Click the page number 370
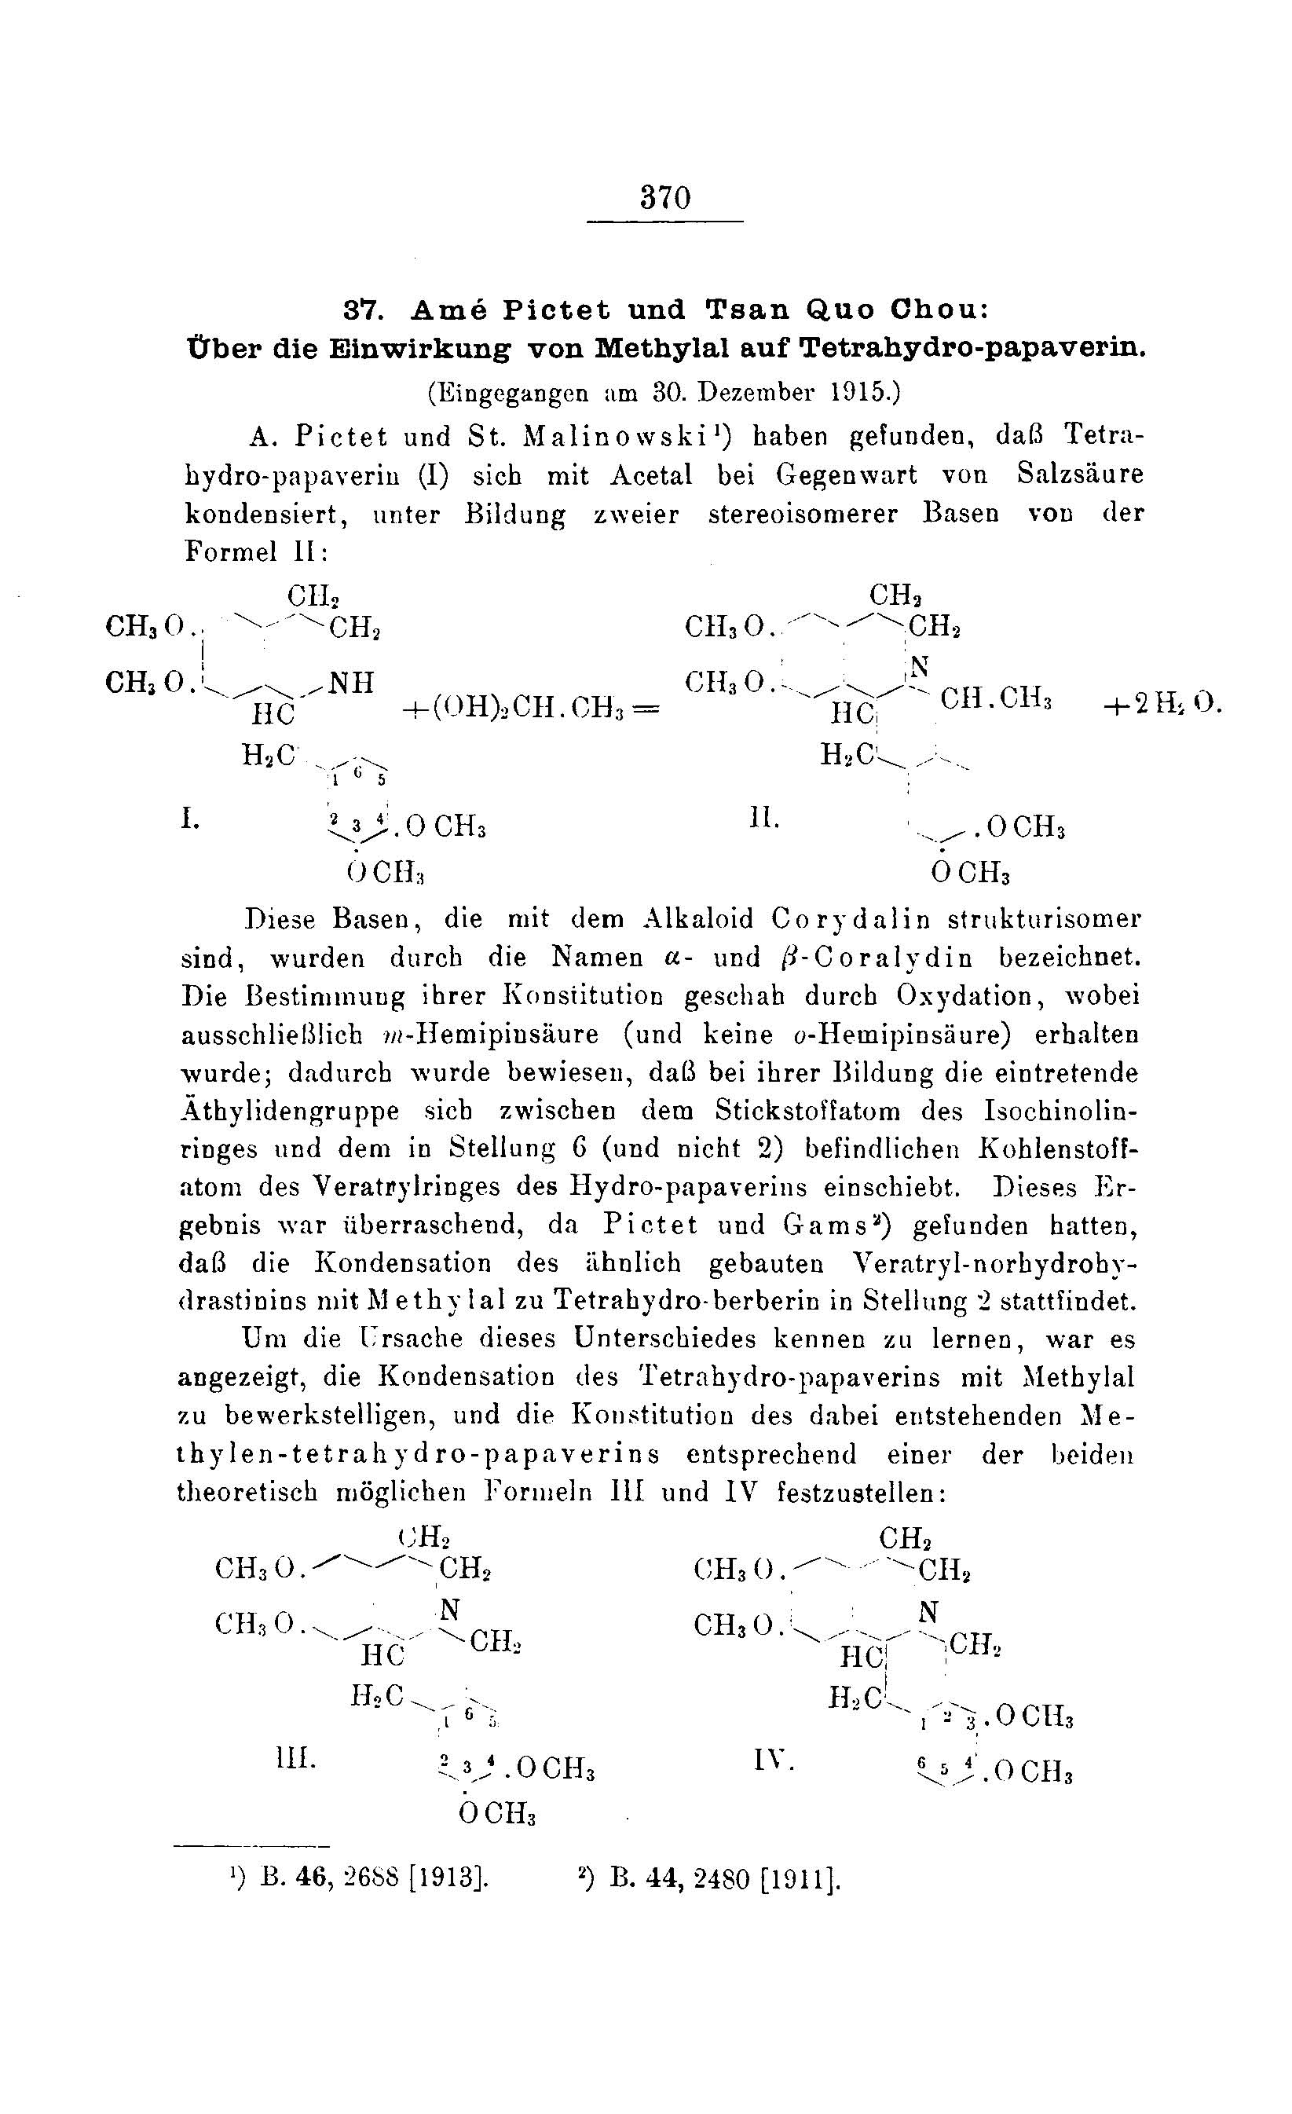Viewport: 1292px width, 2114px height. click(x=665, y=198)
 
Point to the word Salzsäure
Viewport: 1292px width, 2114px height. click(x=1080, y=474)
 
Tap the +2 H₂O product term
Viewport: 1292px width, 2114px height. click(x=1158, y=704)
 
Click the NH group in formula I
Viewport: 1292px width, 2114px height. click(x=352, y=682)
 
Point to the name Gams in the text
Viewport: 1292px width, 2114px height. click(x=824, y=1226)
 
